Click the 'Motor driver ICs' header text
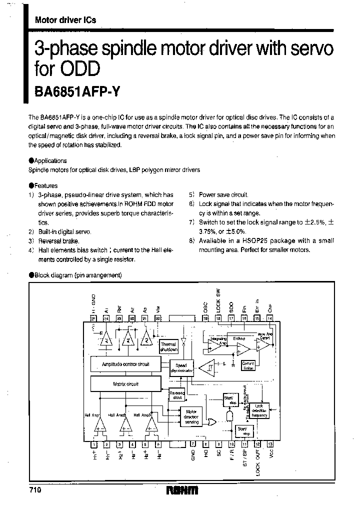pos(65,20)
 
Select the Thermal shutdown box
pos(168,347)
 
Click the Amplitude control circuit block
pos(125,364)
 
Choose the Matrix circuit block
pos(125,384)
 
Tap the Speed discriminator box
pos(181,368)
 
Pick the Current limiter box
pos(248,365)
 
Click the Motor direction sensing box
pos(191,416)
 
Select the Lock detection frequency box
pos(259,410)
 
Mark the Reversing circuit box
pos(177,394)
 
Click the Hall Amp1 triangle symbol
pos(99,425)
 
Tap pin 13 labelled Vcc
pos(270,443)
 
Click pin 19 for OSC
pos(205,317)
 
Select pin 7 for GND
pos(192,443)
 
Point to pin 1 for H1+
pos(93,443)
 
